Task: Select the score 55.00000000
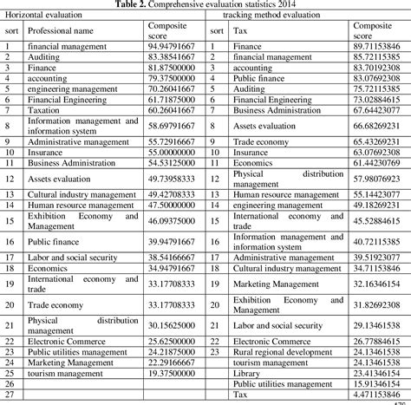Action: pos(169,151)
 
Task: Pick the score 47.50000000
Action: pos(169,206)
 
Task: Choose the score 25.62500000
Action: pos(169,343)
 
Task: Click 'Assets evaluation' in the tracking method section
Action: pos(265,127)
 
